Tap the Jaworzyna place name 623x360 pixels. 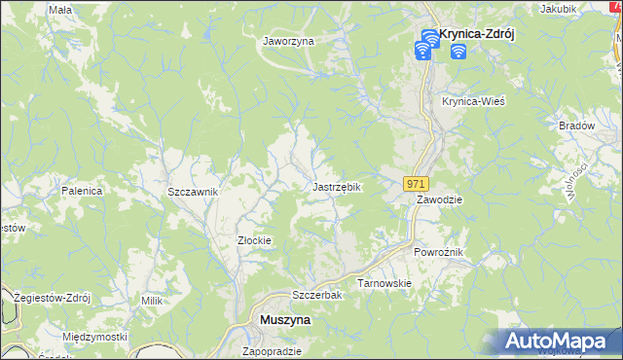(x=287, y=41)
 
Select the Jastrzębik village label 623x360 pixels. (x=337, y=186)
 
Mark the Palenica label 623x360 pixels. (x=83, y=191)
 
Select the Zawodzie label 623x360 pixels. (x=440, y=198)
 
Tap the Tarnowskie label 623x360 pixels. (x=385, y=283)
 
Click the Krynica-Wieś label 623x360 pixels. (x=473, y=101)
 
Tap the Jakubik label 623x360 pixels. (x=558, y=9)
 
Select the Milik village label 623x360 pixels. (x=151, y=301)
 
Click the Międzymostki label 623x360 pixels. (x=94, y=337)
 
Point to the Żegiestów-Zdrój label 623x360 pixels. (x=48, y=298)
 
